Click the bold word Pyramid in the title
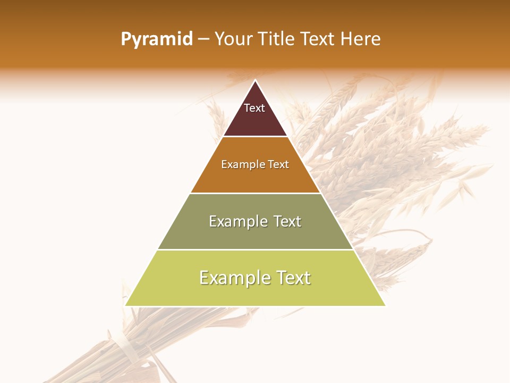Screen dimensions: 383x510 (156, 39)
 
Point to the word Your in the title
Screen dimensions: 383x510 (234, 39)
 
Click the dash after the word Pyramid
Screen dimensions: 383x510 (203, 39)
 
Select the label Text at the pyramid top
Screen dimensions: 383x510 (254, 108)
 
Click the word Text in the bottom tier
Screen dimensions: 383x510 (293, 278)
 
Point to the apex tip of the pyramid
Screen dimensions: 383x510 (256, 80)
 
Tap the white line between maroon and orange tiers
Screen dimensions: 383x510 (255, 137)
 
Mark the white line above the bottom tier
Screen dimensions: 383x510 (255, 249)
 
